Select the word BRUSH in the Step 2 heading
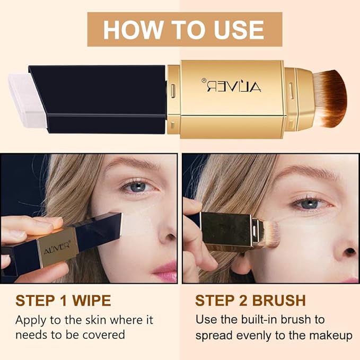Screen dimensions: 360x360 278,301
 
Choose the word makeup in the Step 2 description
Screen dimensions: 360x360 332,335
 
